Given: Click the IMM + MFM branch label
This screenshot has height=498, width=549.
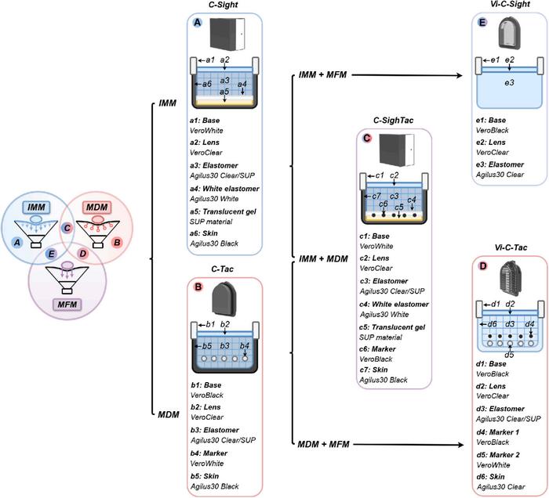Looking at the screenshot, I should pyautogui.click(x=323, y=74).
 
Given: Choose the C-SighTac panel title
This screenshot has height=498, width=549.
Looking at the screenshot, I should pyautogui.click(x=393, y=119).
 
